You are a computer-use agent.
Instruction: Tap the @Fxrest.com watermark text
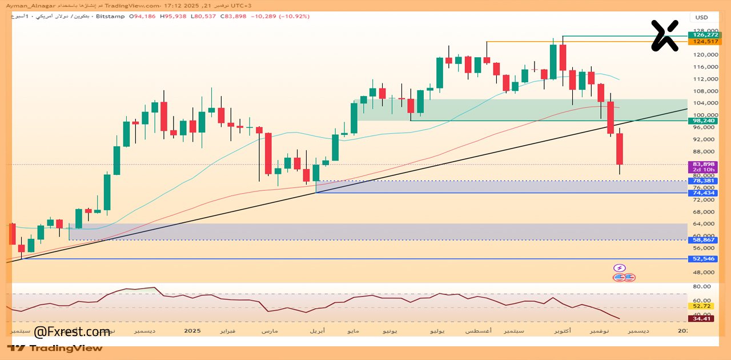click(72, 331)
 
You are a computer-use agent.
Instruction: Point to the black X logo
click(665, 35)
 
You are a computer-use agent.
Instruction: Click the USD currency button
click(701, 17)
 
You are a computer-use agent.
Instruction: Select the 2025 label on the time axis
click(193, 331)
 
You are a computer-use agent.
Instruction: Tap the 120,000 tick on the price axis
click(705, 55)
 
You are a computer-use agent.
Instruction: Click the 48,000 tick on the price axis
click(705, 271)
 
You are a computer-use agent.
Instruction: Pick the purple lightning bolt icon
click(620, 268)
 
